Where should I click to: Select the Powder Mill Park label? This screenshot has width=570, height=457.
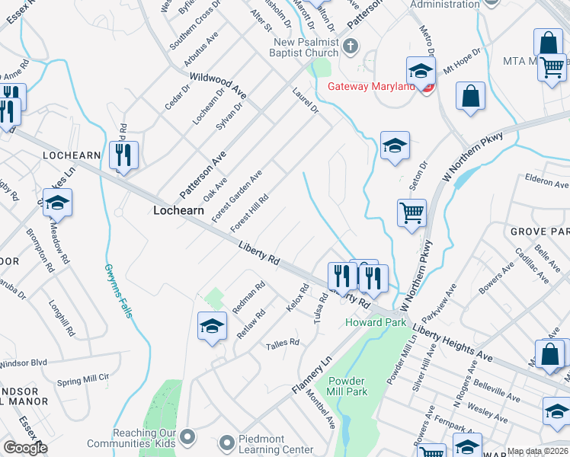347,386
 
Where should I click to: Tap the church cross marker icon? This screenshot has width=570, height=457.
351,46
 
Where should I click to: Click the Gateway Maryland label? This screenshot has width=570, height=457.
371,86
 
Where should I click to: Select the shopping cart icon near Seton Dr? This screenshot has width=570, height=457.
411,213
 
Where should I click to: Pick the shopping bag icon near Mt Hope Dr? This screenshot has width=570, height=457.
471,97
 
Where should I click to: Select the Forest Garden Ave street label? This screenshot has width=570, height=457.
238,195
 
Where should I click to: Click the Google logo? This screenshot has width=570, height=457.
25,448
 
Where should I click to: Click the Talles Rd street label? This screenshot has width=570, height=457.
282,344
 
